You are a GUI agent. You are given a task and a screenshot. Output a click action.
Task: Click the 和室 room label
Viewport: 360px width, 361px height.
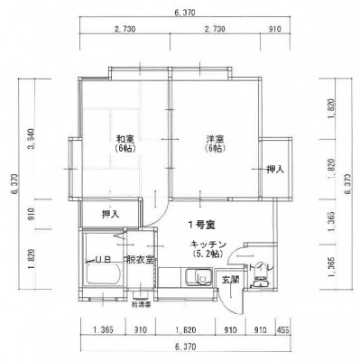[125, 139]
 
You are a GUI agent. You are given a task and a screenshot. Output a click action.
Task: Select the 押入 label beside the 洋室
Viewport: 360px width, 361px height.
[275, 169]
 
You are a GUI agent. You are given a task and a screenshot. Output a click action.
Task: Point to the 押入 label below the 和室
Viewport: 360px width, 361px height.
[110, 215]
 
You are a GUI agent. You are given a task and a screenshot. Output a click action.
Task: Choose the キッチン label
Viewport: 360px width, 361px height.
[207, 245]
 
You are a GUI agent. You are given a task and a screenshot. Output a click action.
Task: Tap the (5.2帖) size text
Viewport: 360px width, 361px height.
[207, 255]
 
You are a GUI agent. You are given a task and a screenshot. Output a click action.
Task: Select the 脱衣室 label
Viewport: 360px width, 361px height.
[142, 261]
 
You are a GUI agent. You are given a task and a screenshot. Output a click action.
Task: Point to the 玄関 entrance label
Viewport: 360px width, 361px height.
[231, 280]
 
